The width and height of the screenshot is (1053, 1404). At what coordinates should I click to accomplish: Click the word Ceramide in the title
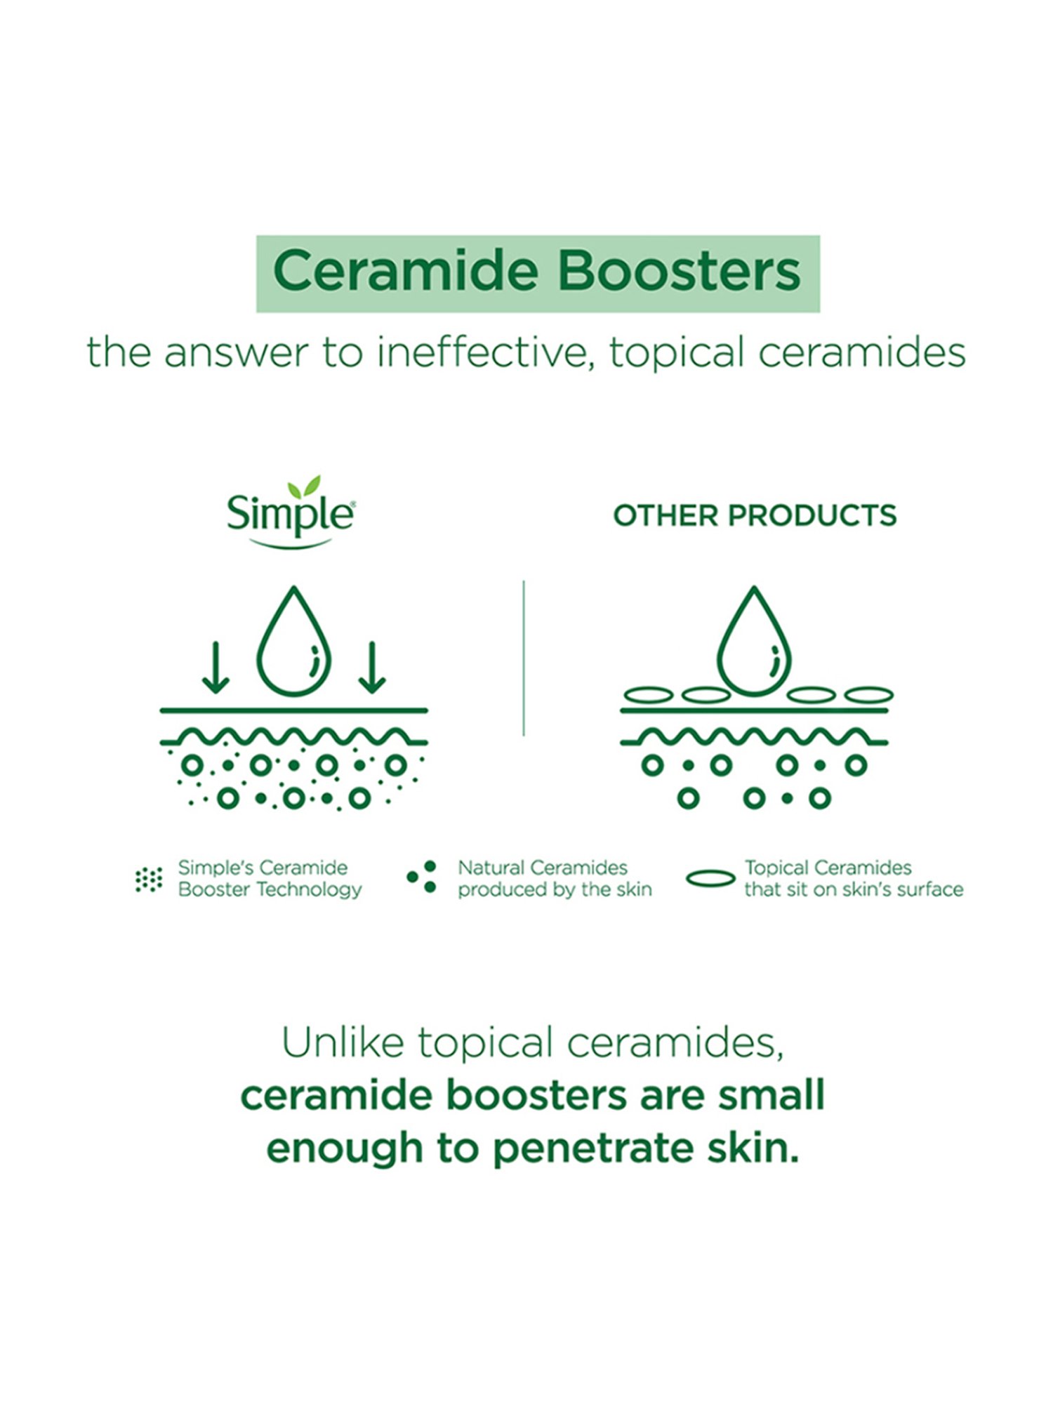click(405, 271)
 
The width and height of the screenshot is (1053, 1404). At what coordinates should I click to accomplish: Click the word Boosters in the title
click(679, 271)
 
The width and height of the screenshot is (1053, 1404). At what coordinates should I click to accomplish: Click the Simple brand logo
click(290, 515)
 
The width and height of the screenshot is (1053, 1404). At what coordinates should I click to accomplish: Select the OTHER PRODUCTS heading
click(755, 516)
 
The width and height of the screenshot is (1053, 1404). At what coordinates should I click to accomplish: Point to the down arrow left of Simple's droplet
click(215, 668)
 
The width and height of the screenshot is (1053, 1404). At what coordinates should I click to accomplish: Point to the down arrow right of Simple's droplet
click(372, 668)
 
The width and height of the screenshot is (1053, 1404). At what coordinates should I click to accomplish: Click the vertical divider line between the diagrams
click(524, 658)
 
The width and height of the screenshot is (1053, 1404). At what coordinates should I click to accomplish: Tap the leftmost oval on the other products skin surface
click(649, 695)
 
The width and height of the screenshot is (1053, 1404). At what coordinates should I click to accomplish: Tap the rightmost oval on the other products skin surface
click(868, 695)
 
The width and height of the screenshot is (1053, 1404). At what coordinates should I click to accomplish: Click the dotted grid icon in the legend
click(148, 879)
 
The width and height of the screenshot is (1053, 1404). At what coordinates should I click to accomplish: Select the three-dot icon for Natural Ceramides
click(423, 877)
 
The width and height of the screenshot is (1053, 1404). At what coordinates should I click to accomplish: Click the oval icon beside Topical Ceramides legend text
click(710, 879)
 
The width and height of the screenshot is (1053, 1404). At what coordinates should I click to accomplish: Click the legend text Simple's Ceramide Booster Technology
click(270, 878)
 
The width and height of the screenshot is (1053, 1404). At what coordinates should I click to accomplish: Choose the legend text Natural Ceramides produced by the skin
click(555, 878)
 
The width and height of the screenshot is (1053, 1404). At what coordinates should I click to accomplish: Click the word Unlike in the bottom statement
click(343, 1043)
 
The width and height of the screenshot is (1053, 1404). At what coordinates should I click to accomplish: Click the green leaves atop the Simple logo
click(305, 486)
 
